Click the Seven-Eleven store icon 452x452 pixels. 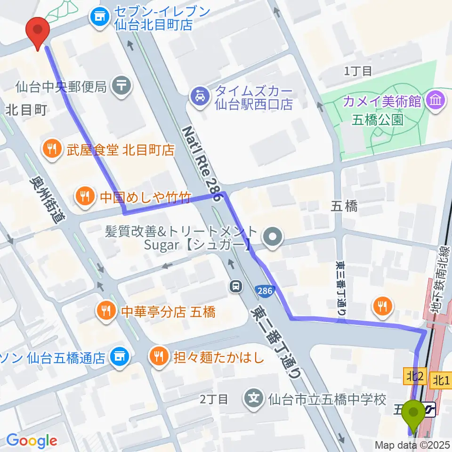tap(99, 18)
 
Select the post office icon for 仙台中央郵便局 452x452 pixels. tap(122, 86)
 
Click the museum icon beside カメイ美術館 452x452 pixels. tap(435, 100)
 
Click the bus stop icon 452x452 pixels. tap(235, 285)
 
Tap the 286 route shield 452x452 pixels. tap(265, 291)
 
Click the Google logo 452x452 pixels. tap(31, 440)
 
